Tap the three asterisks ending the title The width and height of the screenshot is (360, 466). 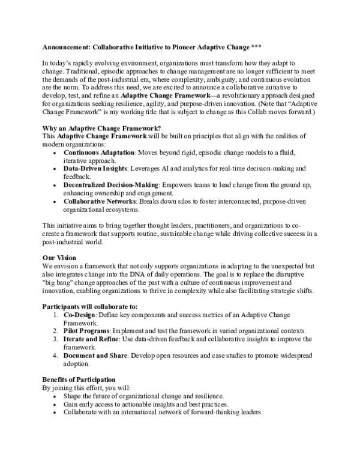coord(256,47)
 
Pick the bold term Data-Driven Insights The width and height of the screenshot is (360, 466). coord(96,169)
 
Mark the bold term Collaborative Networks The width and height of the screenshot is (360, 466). coord(100,201)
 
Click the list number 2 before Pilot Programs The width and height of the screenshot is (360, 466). coord(55,331)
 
